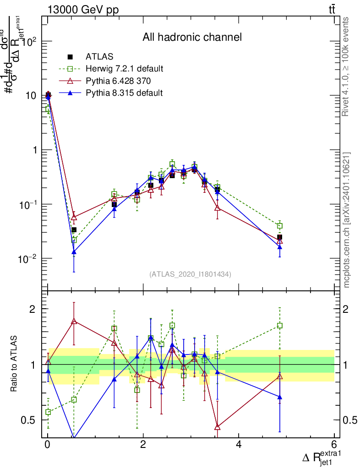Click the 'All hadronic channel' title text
click(191, 37)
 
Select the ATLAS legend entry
click(99, 57)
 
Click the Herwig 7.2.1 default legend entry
click(124, 69)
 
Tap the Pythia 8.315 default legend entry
click(124, 93)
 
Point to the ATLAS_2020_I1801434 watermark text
click(190, 274)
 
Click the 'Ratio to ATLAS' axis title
click(15, 364)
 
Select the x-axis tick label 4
click(239, 444)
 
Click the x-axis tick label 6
click(334, 444)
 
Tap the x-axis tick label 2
click(143, 444)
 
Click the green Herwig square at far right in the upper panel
click(280, 226)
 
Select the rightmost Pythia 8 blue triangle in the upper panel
click(280, 247)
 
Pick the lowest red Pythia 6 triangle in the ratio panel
click(218, 427)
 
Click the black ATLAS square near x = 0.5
click(74, 230)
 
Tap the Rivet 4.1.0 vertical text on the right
click(346, 67)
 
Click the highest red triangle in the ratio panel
click(74, 322)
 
